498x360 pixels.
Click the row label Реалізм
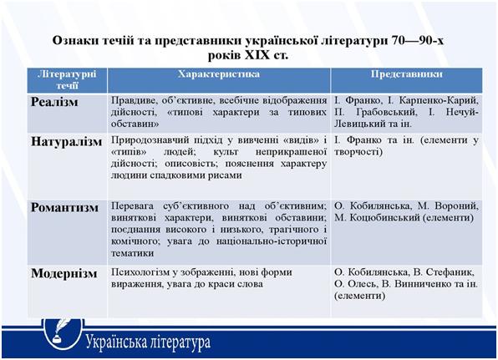[54, 102]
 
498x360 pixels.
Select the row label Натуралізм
[66, 142]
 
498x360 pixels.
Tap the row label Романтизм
[64, 208]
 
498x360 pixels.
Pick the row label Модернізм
[64, 274]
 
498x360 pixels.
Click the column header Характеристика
[219, 74]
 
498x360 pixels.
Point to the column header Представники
[407, 74]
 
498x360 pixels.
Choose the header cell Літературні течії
[67, 80]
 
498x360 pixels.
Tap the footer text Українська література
[148, 342]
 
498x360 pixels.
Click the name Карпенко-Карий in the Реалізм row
[439, 100]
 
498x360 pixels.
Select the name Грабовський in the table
[386, 112]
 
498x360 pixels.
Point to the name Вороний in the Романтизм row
[456, 206]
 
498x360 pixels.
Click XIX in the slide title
[257, 56]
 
